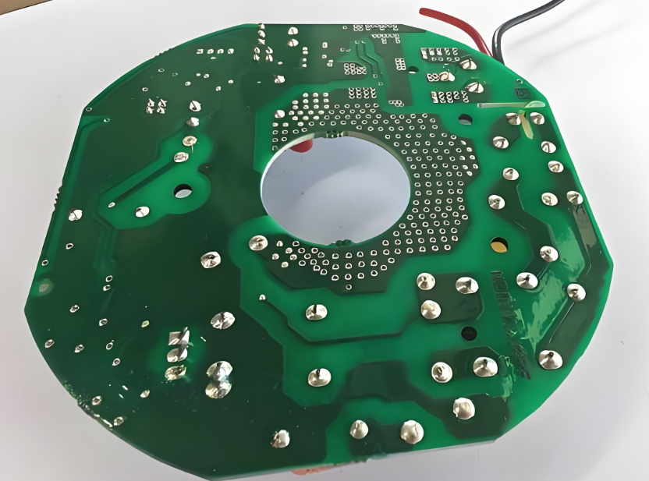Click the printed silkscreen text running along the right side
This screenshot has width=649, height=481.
[507, 312]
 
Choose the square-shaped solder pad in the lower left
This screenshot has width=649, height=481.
[179, 338]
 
